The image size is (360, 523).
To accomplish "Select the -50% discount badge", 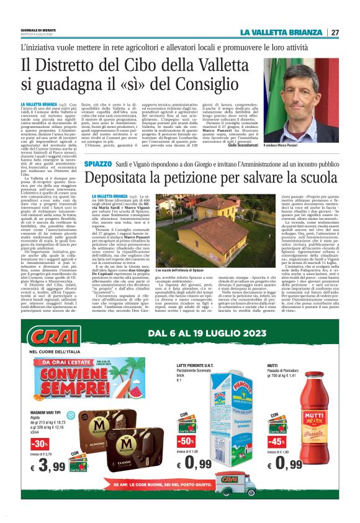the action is point(187,442).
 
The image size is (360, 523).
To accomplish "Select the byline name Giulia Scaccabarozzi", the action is point(243,145).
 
